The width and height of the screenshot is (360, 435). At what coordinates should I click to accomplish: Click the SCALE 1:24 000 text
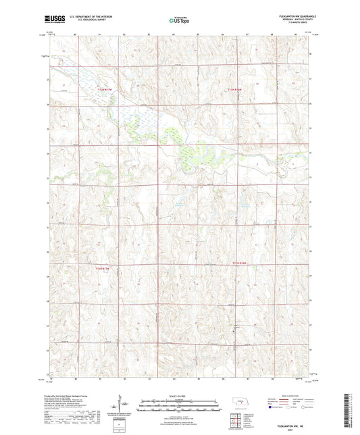point(180,396)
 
